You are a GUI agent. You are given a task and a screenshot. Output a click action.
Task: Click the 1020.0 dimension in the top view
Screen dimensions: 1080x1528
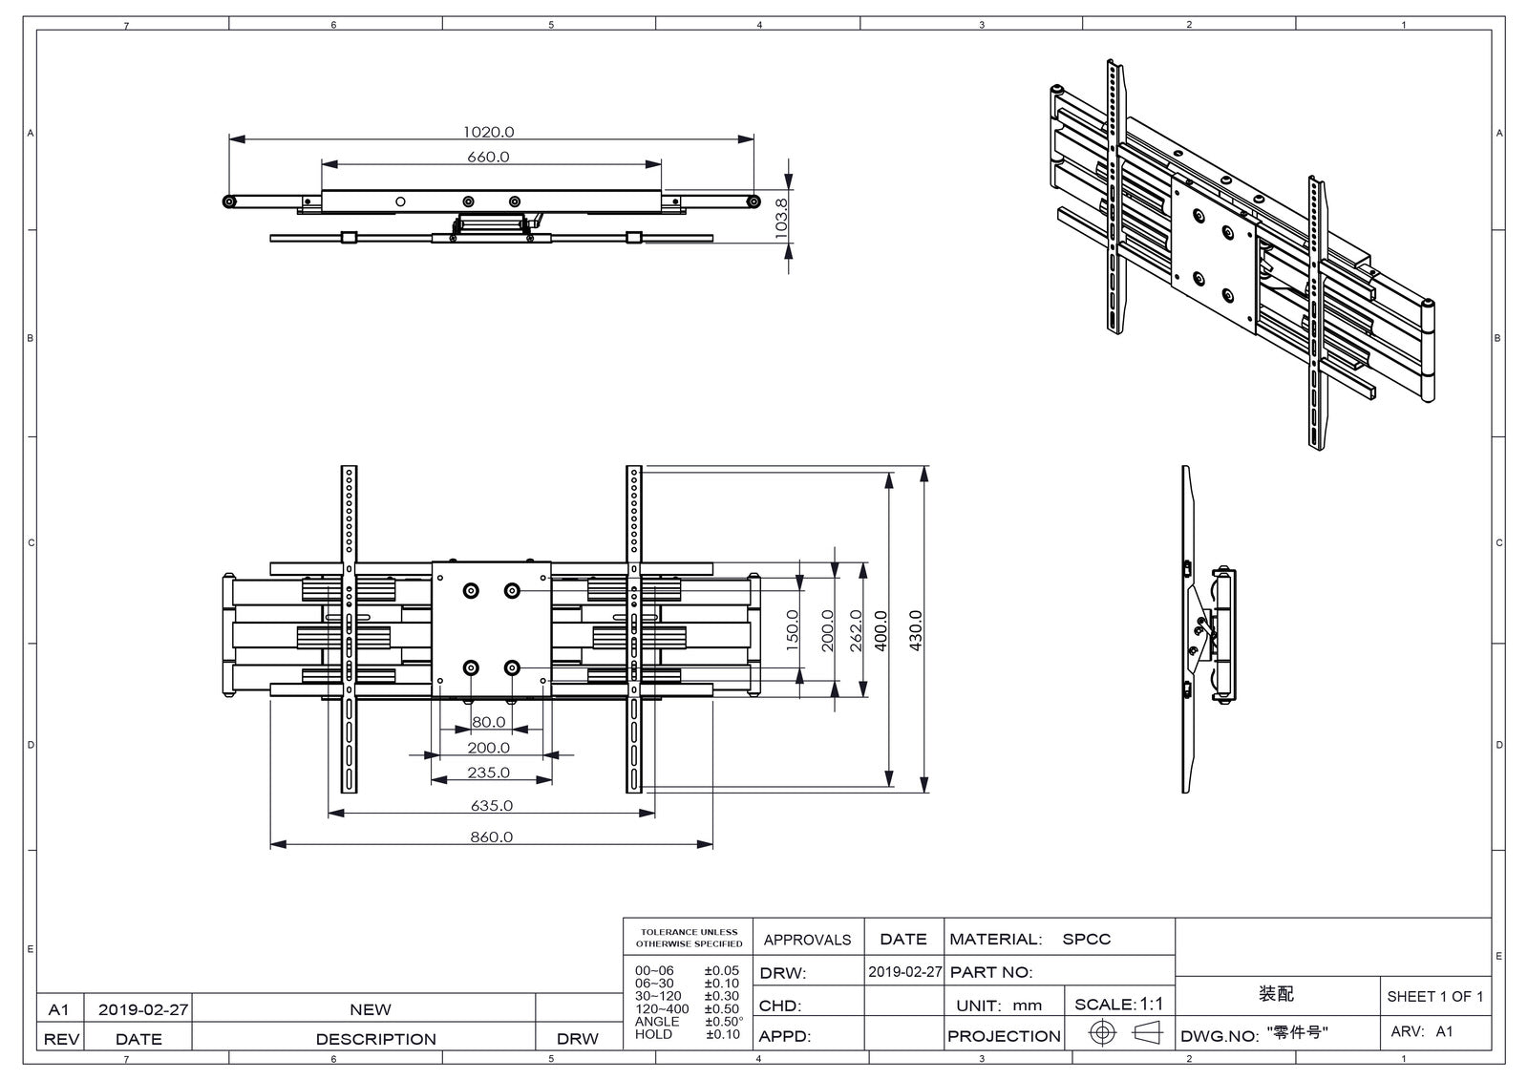(488, 132)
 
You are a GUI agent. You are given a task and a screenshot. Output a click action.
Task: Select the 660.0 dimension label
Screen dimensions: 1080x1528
(488, 157)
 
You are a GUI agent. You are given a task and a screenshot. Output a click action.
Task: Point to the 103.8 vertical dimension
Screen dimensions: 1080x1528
(781, 217)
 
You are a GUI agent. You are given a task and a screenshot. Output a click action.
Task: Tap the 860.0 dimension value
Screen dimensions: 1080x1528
(491, 836)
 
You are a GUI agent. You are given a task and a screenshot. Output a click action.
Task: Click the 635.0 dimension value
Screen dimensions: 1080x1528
(491, 805)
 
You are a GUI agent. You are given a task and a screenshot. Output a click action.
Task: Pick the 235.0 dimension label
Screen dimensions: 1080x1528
(488, 773)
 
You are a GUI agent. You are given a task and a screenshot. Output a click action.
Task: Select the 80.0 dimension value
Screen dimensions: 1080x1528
(488, 722)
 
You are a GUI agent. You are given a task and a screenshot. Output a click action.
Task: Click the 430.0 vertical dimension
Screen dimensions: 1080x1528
(915, 631)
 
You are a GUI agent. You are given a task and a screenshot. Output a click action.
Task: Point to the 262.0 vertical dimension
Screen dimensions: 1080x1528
(856, 631)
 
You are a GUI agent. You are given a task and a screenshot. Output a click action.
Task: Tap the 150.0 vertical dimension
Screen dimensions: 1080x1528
(793, 631)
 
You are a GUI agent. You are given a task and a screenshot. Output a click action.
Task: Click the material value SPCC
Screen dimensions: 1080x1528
(1087, 939)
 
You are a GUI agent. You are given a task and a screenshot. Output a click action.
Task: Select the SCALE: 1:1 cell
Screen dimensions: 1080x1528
(1118, 1004)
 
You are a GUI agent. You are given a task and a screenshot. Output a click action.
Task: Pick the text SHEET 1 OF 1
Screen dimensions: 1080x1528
(1434, 996)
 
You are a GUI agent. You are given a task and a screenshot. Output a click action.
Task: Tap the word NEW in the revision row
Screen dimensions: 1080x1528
(370, 1009)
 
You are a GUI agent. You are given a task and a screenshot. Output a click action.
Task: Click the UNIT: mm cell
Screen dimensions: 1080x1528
(999, 1005)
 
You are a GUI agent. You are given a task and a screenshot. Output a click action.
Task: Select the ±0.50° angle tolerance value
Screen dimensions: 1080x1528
(724, 1022)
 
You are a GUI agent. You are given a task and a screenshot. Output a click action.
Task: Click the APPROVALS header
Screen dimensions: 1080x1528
(807, 940)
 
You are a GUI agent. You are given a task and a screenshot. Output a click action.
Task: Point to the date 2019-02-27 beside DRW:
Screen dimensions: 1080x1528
(904, 972)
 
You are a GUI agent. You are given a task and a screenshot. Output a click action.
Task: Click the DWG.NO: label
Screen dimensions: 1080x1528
(1220, 1036)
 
